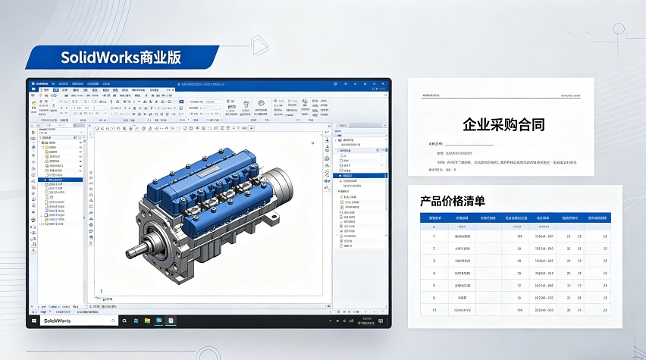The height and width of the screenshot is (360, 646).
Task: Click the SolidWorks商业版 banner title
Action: (121, 58)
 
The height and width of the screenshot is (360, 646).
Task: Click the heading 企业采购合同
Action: (503, 124)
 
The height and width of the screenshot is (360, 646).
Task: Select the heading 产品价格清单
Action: (453, 202)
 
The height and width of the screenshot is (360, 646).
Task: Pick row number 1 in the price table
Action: (434, 236)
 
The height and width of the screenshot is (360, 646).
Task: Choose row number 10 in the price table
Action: (434, 310)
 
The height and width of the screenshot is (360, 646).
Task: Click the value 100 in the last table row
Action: (519, 310)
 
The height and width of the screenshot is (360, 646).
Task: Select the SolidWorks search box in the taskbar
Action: (76, 321)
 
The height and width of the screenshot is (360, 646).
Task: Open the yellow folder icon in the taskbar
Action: (147, 321)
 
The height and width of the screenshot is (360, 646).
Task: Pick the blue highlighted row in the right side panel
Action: (360, 175)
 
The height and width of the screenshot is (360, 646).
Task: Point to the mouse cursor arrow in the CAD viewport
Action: (312, 142)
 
